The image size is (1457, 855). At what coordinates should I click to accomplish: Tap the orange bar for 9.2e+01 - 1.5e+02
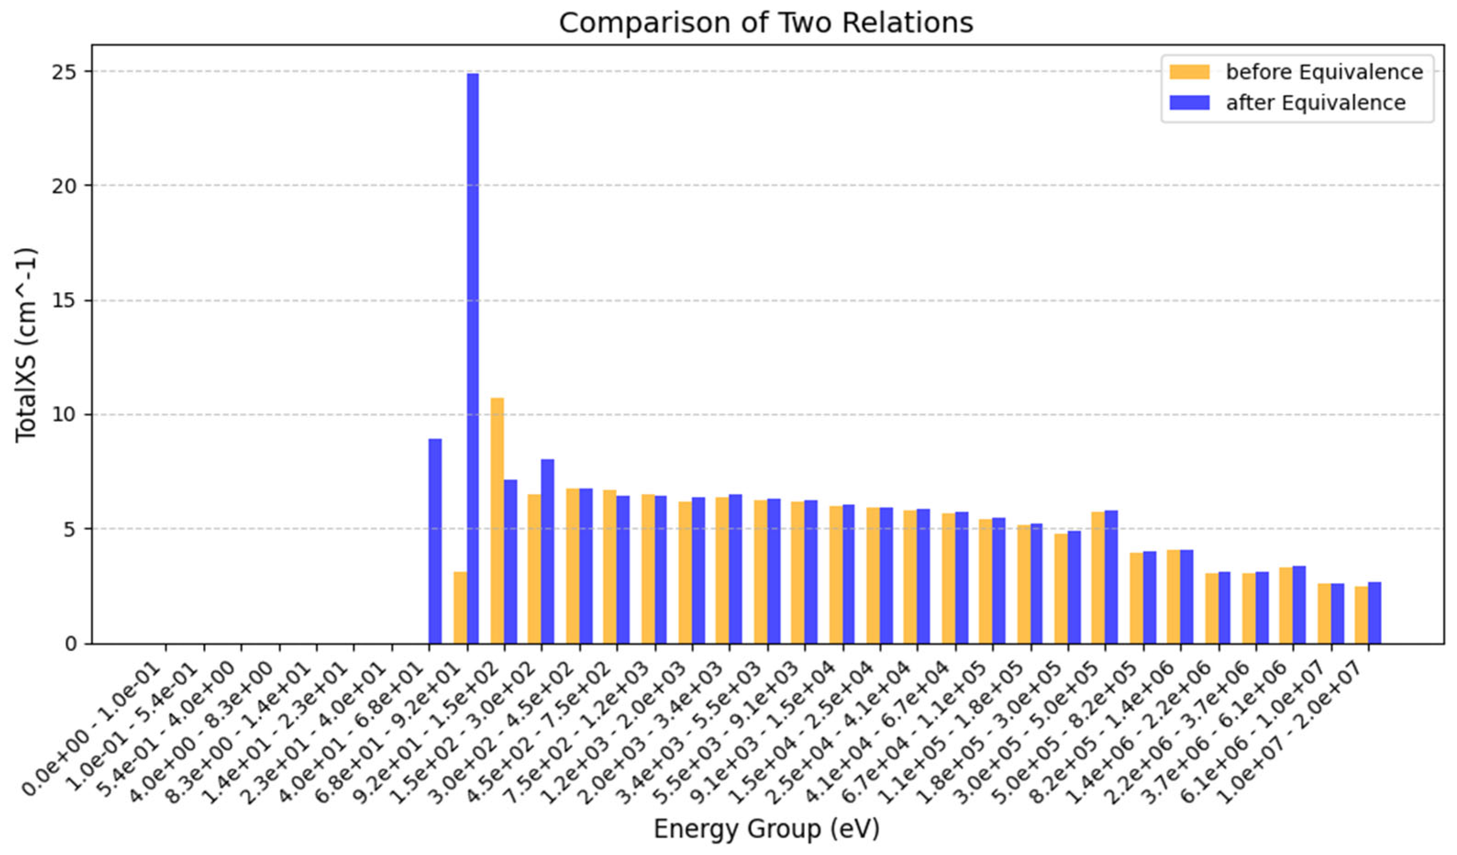(497, 521)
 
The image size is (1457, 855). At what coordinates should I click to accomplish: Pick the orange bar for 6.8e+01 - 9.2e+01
(460, 607)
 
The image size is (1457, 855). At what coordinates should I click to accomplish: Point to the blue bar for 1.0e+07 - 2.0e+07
(1374, 613)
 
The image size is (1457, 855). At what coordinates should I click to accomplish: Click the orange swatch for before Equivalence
(1189, 72)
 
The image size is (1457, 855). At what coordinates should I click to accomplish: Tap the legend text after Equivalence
(1315, 103)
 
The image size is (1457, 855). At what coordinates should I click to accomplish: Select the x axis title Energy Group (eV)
(766, 829)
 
